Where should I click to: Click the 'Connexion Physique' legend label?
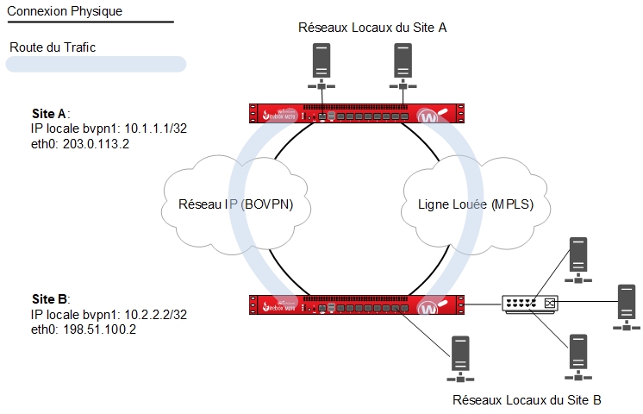65,11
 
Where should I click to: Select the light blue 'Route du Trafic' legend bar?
96,63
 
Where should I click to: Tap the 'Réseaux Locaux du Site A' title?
371,28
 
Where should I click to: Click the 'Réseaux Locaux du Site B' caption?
527,400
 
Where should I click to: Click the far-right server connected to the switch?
624,306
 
